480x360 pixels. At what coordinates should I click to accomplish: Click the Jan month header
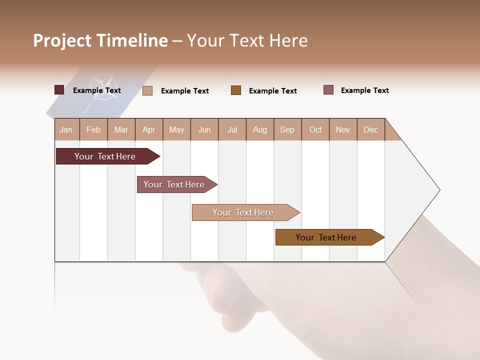(66, 129)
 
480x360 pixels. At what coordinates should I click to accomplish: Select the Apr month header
(149, 129)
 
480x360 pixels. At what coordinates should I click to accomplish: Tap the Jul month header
(232, 129)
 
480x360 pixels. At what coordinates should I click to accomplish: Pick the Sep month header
(287, 129)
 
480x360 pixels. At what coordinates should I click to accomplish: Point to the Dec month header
(370, 129)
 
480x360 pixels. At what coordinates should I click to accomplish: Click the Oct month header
(315, 129)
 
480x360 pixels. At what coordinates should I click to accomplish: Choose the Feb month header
(93, 129)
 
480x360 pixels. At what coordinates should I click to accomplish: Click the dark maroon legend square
(59, 90)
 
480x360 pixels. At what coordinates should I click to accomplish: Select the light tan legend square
(147, 90)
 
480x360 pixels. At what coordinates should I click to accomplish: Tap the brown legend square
(236, 90)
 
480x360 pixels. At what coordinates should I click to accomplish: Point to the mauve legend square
(328, 90)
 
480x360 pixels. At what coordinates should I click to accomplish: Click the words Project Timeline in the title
(100, 40)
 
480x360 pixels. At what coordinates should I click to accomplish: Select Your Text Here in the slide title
(247, 40)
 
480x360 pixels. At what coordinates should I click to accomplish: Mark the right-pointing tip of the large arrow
(438, 190)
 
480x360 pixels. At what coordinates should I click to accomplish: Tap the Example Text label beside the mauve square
(365, 90)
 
